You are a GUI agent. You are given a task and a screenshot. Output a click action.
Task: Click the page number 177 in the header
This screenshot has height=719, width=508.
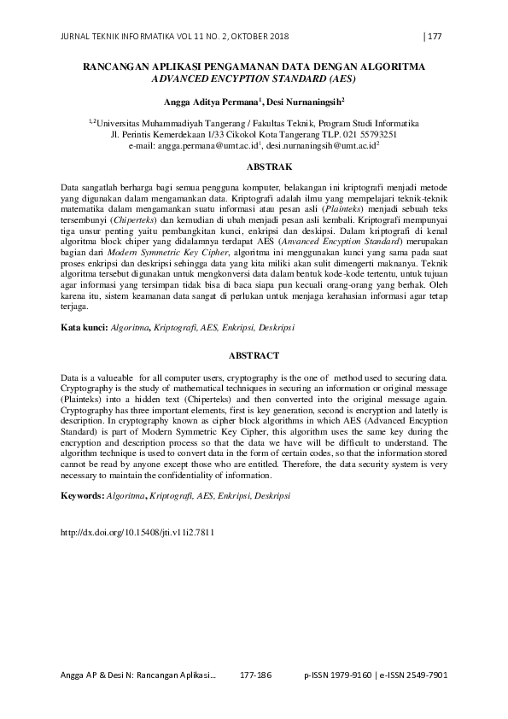(x=433, y=36)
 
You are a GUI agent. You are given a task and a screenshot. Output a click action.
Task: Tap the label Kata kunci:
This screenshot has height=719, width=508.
(x=83, y=327)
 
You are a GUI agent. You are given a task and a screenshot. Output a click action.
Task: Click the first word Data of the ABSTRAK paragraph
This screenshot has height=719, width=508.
(x=71, y=186)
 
